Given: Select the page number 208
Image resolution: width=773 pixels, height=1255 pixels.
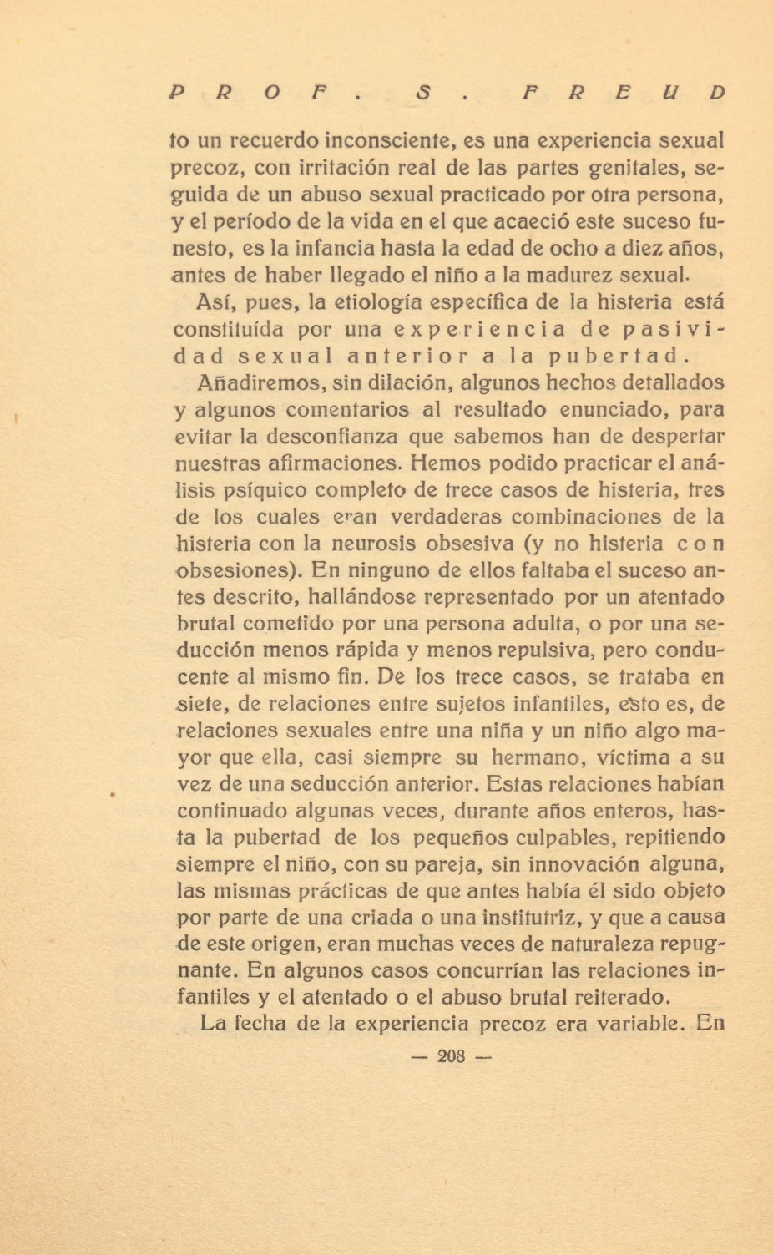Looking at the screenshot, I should click(x=451, y=1056).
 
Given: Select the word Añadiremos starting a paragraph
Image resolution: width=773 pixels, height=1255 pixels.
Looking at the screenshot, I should click(x=260, y=382).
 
